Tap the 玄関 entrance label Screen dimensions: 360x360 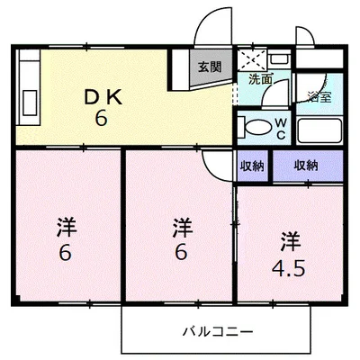pyautogui.click(x=210, y=66)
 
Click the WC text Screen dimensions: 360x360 pyautogui.click(x=281, y=130)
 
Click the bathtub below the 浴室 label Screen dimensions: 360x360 pyautogui.click(x=319, y=134)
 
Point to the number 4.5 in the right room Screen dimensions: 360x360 pyautogui.click(x=290, y=265)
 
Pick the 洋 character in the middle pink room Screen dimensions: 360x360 pyautogui.click(x=182, y=226)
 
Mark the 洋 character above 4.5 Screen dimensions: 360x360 pyautogui.click(x=290, y=241)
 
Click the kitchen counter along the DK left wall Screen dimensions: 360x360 pyautogui.click(x=27, y=89)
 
